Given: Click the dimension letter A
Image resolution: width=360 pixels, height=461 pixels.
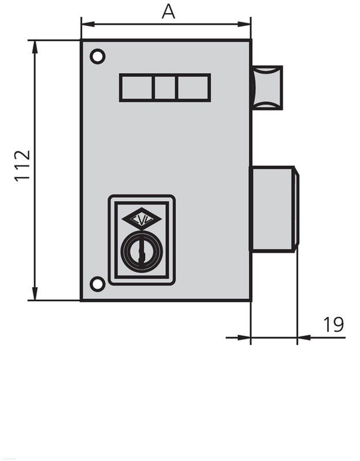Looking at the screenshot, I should click(168, 11).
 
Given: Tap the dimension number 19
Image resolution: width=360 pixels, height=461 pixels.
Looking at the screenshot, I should click(334, 324).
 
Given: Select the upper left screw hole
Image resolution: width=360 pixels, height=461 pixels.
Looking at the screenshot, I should click(98, 56).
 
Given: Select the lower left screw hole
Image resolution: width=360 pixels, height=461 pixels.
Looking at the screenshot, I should click(98, 283).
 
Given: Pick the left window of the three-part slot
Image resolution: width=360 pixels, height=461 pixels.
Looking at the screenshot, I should click(136, 88).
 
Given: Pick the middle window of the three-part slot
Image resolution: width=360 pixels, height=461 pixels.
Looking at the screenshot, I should click(164, 88).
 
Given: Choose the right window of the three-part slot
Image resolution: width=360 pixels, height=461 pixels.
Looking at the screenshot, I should click(193, 88).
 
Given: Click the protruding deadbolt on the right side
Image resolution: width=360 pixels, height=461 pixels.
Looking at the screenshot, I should click(272, 209).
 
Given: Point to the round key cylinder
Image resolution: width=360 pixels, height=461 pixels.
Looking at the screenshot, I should click(141, 251).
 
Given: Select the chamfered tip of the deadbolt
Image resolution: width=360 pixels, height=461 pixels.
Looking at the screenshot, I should click(296, 209).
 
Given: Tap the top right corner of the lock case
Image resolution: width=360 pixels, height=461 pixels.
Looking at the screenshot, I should click(251, 40).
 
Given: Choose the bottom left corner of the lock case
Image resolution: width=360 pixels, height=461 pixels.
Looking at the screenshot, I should click(81, 300).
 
